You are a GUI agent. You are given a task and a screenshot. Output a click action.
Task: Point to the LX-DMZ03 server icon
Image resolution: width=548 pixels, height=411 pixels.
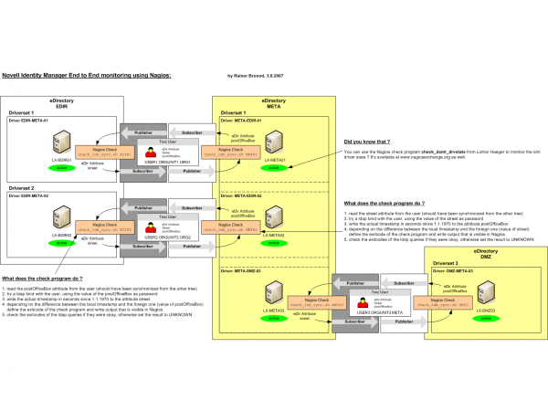point(487,294)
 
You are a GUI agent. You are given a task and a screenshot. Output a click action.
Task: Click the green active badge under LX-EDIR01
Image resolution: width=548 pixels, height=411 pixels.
point(63,168)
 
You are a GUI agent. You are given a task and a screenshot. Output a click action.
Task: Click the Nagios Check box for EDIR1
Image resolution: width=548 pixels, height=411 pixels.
point(111,150)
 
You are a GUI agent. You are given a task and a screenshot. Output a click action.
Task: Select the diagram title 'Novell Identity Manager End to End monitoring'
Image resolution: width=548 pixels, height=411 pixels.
point(86,77)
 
